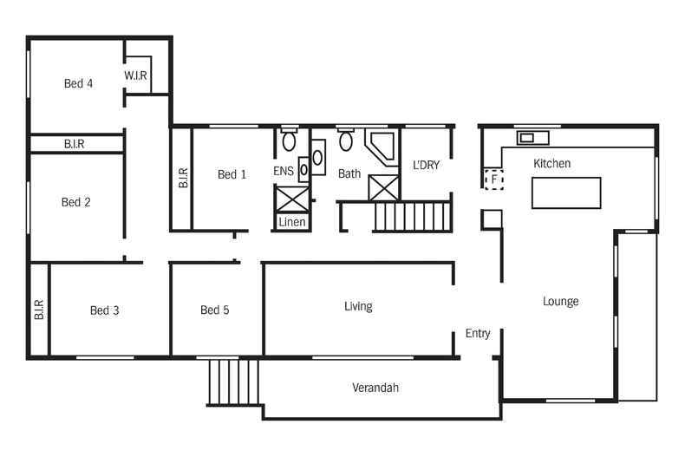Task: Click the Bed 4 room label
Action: click(x=78, y=84)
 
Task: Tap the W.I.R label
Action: click(x=136, y=76)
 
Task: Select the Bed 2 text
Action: click(x=76, y=203)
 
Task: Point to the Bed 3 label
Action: click(x=104, y=310)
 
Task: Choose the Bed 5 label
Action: click(x=214, y=310)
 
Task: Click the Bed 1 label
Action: click(x=232, y=175)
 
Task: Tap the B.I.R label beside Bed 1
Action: click(x=183, y=179)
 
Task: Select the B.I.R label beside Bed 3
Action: click(x=39, y=310)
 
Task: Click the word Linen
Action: click(x=291, y=223)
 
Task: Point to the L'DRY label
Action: click(x=426, y=165)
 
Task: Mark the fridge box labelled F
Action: click(x=493, y=180)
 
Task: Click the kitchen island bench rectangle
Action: click(x=565, y=193)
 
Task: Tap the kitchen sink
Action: click(x=532, y=137)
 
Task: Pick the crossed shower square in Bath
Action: click(x=383, y=188)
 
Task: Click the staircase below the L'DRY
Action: click(x=412, y=216)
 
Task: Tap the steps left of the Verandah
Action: click(x=233, y=382)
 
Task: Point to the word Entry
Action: click(x=478, y=334)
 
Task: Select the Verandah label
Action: click(x=375, y=388)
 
